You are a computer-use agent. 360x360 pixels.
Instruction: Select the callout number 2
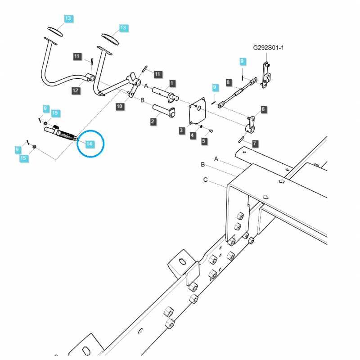coord(153,121)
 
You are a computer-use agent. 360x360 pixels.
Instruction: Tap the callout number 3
coord(181,130)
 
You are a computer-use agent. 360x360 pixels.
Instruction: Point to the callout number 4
coord(193,135)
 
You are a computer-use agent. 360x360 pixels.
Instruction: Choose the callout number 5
coord(204,141)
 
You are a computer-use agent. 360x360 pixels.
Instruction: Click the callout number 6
coord(263,109)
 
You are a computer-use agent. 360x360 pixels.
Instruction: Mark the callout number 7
coord(255,144)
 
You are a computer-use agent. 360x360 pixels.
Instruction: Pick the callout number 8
coord(229,82)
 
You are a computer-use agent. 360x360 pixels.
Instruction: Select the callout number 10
coord(119,107)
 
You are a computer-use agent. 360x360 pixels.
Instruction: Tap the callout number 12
coord(75,90)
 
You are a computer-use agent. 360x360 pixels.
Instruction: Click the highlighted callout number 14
coord(89,144)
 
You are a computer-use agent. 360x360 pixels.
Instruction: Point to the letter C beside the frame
coord(205,180)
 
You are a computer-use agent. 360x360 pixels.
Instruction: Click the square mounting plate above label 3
coord(197,112)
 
